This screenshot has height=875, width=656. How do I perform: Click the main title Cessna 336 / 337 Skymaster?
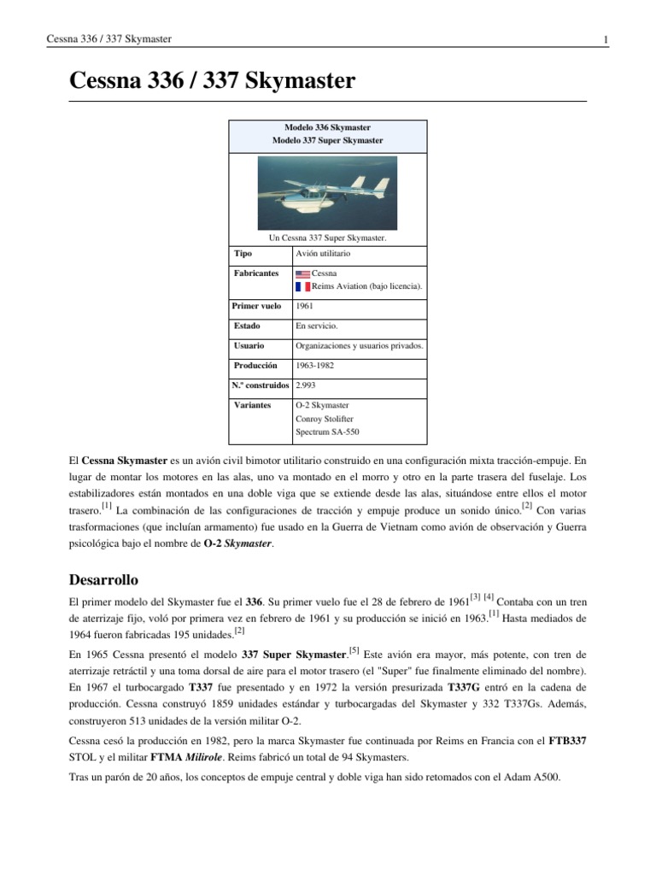[211, 82]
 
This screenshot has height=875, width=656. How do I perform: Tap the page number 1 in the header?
[605, 39]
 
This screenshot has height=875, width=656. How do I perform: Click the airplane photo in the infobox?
[327, 193]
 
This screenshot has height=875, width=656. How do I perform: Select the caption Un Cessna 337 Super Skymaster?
[327, 238]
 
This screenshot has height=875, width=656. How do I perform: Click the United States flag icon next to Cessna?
[302, 273]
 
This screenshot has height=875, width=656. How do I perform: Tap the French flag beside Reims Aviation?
[302, 286]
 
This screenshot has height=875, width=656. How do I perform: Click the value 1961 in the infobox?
[304, 305]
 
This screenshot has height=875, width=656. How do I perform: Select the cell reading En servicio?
[316, 326]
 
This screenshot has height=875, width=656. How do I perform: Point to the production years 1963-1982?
[315, 365]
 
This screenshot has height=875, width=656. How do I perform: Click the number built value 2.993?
[307, 385]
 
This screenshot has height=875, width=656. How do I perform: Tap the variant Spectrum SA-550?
[328, 432]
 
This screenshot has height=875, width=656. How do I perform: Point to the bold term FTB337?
[566, 741]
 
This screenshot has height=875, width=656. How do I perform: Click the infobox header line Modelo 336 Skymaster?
[327, 127]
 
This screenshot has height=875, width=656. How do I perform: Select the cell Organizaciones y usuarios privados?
[359, 346]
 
